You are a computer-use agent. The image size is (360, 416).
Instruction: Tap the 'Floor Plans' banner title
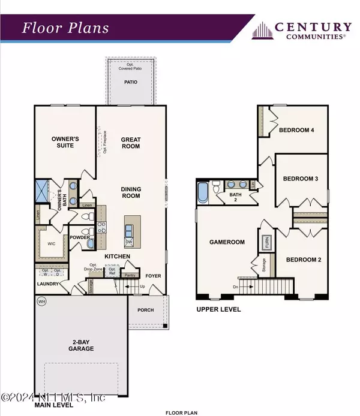[x=66, y=28]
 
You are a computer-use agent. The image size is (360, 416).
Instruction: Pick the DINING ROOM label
[x=130, y=193]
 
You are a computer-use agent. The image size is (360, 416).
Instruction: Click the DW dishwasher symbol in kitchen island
[x=129, y=242]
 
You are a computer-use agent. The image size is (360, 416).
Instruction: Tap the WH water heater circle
[x=41, y=301]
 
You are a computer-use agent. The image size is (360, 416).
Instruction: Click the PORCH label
[x=146, y=310]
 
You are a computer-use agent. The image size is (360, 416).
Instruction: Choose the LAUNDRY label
[x=47, y=284]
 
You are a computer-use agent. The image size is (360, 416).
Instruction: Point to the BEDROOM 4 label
[x=300, y=130]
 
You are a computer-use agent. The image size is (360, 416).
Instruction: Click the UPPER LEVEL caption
[x=219, y=309]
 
